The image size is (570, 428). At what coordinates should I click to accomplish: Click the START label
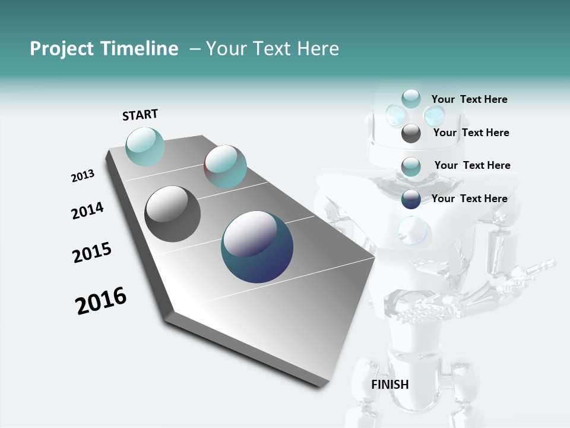coord(140,115)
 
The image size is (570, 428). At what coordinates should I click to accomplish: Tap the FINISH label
coord(389,385)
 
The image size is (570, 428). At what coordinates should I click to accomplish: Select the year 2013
coord(83,176)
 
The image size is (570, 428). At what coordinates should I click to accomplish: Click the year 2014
coord(88,211)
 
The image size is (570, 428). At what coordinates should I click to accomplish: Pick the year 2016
coord(101,301)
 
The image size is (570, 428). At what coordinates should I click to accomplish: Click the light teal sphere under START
coord(145,146)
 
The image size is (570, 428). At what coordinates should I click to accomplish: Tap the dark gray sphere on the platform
coord(173,214)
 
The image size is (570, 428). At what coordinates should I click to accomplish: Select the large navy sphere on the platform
coord(257,247)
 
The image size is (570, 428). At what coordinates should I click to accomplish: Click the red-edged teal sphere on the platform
coord(225,166)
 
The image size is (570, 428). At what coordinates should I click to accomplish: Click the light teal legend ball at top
coord(411,99)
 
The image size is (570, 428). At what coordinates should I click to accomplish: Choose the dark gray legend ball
coord(411,133)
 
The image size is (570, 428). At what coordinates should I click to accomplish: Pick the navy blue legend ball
coord(411,199)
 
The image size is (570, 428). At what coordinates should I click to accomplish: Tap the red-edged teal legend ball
coord(411,166)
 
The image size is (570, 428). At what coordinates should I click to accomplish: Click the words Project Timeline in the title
coord(104,49)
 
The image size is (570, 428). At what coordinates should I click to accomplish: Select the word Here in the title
coord(318,49)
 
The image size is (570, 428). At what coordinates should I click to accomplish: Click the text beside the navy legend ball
coord(469,199)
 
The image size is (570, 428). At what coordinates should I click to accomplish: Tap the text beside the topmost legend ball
coord(469,99)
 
